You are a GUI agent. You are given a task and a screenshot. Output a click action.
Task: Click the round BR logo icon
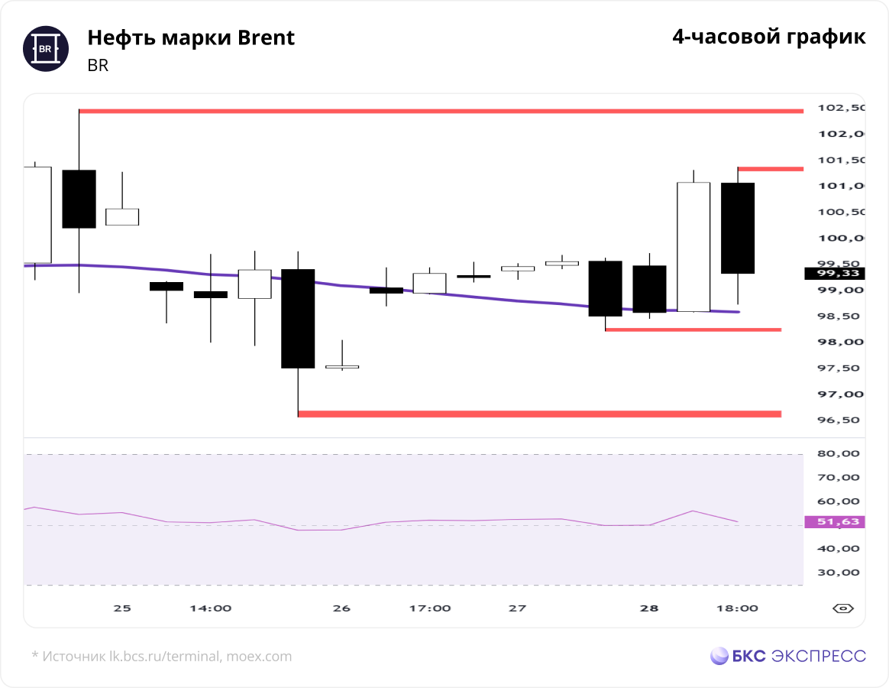pyautogui.click(x=46, y=49)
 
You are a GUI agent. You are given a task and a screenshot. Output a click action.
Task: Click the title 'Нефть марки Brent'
pyautogui.click(x=191, y=37)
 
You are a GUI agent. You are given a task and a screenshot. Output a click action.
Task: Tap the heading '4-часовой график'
pyautogui.click(x=769, y=37)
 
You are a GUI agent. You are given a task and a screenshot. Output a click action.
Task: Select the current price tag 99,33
pyautogui.click(x=835, y=274)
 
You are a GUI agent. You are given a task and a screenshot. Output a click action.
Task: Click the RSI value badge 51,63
pyautogui.click(x=835, y=521)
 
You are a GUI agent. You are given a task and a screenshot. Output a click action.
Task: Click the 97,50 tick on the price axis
pyautogui.click(x=839, y=368)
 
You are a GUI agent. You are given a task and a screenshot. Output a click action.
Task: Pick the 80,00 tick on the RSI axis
pyautogui.click(x=839, y=453)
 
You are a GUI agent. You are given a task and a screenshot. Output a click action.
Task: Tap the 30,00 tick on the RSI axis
pyautogui.click(x=839, y=573)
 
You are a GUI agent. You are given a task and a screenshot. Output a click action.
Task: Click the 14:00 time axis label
pyautogui.click(x=210, y=608)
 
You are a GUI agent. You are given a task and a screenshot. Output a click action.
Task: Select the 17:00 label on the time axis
pyautogui.click(x=430, y=608)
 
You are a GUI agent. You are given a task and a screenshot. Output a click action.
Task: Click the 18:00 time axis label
pyautogui.click(x=737, y=608)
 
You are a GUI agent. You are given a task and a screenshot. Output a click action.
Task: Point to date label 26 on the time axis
pyautogui.click(x=341, y=608)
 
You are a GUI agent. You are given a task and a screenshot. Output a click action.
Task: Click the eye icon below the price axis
pyautogui.click(x=843, y=608)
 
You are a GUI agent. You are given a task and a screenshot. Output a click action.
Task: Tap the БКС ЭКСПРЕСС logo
pyautogui.click(x=788, y=656)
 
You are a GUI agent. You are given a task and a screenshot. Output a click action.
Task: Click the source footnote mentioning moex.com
pyautogui.click(x=162, y=656)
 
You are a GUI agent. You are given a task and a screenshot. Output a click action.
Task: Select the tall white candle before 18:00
pyautogui.click(x=693, y=247)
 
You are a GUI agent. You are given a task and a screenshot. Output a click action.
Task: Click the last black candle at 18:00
pyautogui.click(x=738, y=229)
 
